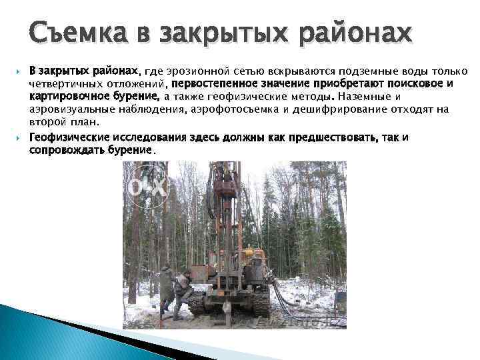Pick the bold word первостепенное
click(211, 84)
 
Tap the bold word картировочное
click(65, 97)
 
